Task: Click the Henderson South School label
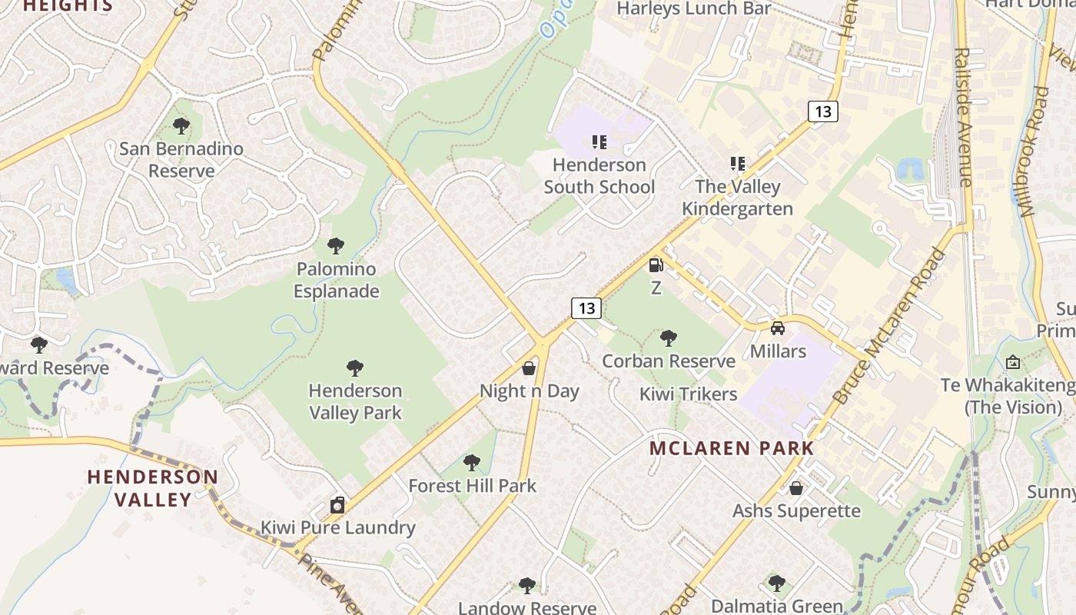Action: tap(599, 176)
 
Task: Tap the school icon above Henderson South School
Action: tap(599, 141)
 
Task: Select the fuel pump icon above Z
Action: tap(656, 265)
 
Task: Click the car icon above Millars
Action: tap(778, 328)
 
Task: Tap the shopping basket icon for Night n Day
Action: tap(529, 368)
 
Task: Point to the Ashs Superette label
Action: tap(796, 511)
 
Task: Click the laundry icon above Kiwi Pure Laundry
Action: tap(337, 505)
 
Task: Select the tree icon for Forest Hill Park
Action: tap(472, 463)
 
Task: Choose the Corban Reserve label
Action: tap(669, 361)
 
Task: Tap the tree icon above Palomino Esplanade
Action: tap(335, 246)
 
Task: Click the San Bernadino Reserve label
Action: tap(181, 160)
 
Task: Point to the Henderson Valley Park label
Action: tap(355, 402)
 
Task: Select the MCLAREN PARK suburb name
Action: tap(731, 448)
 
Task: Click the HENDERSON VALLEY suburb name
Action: tap(152, 488)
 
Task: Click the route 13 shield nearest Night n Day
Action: tap(586, 308)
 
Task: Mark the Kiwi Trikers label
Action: tap(689, 394)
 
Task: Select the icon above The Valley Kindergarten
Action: tap(738, 163)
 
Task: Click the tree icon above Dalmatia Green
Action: tap(777, 583)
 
